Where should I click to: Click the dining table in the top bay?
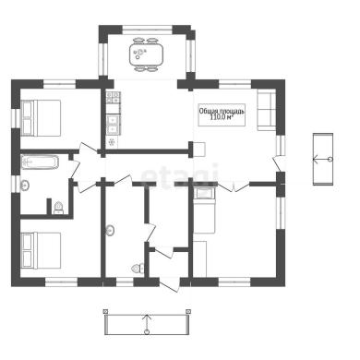146,54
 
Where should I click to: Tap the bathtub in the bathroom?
40,162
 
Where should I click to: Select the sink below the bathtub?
25,186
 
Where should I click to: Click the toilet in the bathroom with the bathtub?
58,208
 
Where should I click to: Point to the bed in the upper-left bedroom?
41,117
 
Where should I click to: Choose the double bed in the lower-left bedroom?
41,250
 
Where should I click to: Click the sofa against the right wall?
267,111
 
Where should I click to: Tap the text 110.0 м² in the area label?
222,117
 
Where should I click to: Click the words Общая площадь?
222,111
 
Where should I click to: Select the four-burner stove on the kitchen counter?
113,97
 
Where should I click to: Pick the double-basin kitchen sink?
113,124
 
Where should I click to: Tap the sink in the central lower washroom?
110,230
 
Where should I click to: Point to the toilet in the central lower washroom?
138,269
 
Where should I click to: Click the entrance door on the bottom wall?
169,284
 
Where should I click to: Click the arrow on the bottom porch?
147,323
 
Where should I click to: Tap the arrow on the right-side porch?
322,159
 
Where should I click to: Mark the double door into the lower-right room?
234,187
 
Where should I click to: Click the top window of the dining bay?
147,30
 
